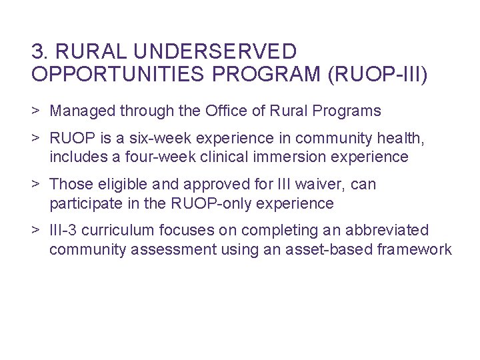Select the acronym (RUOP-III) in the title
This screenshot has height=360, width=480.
378,74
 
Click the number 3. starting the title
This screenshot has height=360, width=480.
39,51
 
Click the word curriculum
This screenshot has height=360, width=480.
124,231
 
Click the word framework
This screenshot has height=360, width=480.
417,249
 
